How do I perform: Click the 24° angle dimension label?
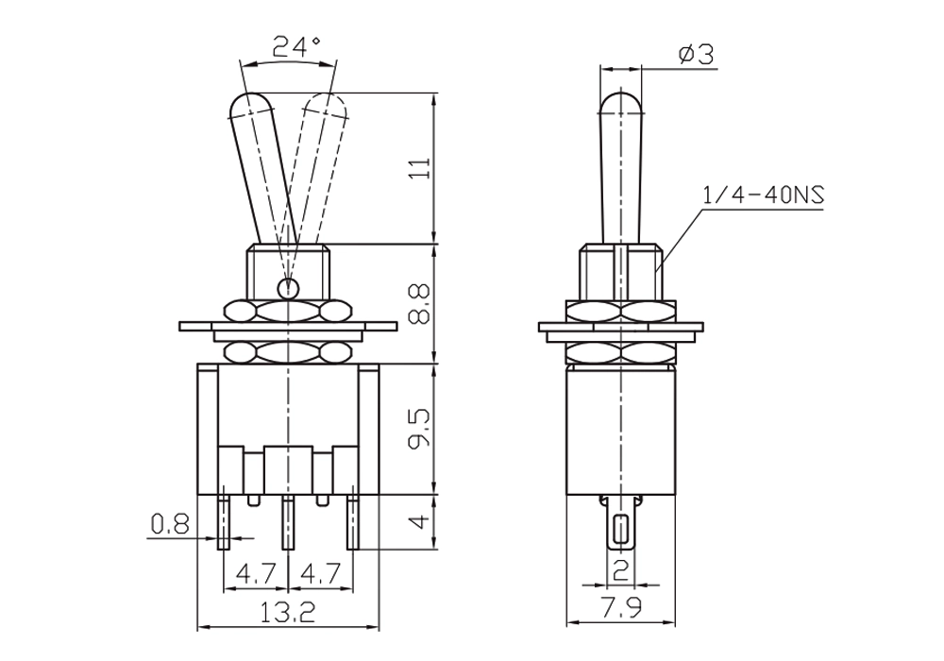point(296,46)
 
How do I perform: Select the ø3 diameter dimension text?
point(696,55)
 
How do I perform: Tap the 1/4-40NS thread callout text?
point(763,195)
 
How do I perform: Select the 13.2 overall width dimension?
point(288,613)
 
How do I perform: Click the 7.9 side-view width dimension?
point(621,608)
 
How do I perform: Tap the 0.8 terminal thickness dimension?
point(170,524)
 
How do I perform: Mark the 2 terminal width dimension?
point(621,569)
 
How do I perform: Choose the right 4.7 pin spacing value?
point(322,573)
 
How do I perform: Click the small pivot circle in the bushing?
point(289,288)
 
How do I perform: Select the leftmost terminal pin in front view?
point(224,522)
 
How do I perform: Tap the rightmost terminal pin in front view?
point(353,522)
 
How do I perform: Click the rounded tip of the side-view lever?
point(621,102)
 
